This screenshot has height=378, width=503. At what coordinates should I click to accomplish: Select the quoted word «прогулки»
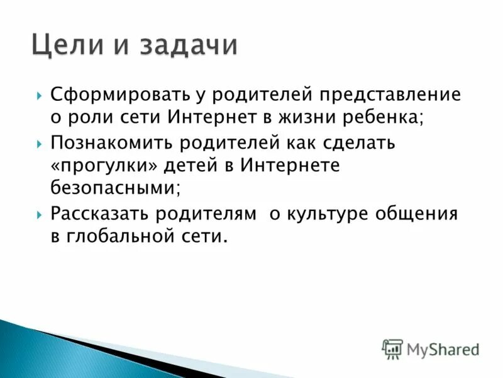click(106, 166)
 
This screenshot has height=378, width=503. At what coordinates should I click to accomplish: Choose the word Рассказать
click(106, 213)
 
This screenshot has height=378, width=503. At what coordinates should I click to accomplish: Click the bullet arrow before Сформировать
click(40, 96)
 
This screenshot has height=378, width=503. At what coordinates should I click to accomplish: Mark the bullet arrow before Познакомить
click(40, 143)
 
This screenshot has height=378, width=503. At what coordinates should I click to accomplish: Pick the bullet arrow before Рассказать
click(40, 214)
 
